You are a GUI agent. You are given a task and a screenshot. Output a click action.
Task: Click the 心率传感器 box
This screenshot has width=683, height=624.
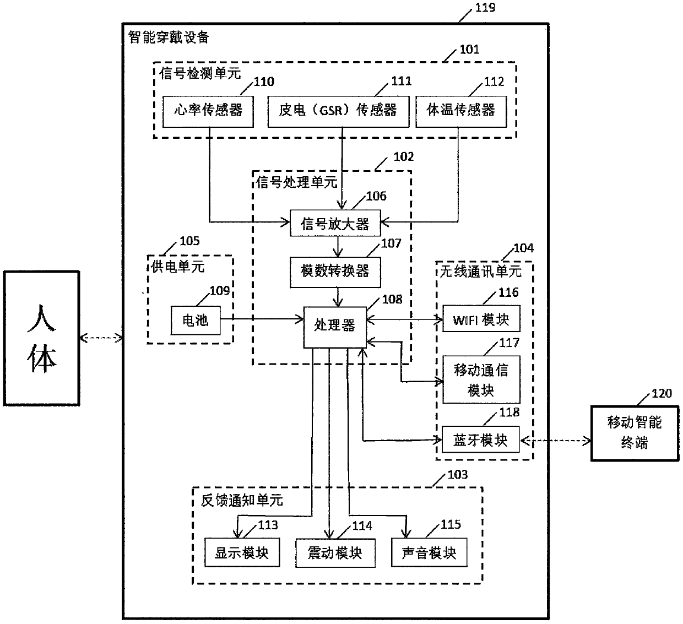[208, 112]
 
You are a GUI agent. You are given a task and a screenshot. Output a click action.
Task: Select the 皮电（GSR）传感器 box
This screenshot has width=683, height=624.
[338, 112]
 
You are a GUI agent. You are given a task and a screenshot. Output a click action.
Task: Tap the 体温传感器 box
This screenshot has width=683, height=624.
[461, 112]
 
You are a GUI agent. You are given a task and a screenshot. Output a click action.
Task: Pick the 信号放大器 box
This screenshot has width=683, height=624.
[335, 223]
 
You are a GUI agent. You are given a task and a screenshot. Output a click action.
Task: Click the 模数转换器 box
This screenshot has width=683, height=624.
[335, 272]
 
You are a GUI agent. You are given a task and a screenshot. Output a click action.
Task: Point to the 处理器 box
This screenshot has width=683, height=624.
[335, 327]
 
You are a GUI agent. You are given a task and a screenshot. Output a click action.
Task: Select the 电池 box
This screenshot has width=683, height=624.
[196, 320]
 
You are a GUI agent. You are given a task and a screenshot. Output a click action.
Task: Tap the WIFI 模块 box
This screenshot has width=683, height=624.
[481, 318]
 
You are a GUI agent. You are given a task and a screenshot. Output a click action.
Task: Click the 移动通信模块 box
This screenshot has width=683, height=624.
[481, 379]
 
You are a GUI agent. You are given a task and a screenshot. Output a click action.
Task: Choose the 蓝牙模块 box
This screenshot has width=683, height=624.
[480, 439]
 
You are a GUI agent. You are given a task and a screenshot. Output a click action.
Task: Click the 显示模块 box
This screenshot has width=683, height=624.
[242, 552]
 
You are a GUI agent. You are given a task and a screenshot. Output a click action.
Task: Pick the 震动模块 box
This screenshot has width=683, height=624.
[335, 553]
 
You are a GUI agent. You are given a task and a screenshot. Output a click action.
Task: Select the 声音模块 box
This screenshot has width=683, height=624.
[429, 552]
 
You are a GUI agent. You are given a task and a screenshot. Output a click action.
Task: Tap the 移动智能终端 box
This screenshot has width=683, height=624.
[635, 433]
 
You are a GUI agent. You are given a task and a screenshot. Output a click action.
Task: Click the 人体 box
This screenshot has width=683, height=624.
[41, 338]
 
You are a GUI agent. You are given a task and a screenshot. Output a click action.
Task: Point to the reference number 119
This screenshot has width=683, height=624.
[485, 7]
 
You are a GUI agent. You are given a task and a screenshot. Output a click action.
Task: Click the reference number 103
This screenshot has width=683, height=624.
[457, 475]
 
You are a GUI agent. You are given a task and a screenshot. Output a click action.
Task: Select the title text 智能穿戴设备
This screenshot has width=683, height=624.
[169, 37]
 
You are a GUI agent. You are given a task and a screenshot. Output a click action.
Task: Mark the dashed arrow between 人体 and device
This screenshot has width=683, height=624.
[101, 338]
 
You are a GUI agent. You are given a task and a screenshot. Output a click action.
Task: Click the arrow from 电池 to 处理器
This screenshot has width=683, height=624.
[262, 319]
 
